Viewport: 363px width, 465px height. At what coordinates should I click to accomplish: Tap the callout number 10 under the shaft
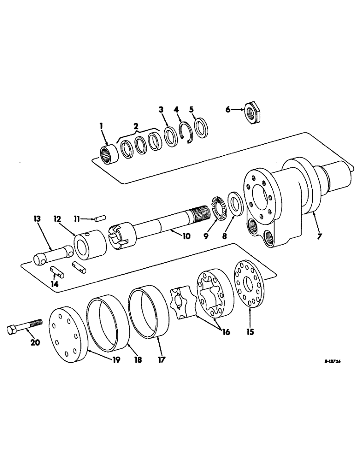[x=186, y=236]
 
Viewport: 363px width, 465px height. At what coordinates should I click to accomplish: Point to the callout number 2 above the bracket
[x=135, y=126]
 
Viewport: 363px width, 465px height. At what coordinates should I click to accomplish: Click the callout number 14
[x=55, y=282]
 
